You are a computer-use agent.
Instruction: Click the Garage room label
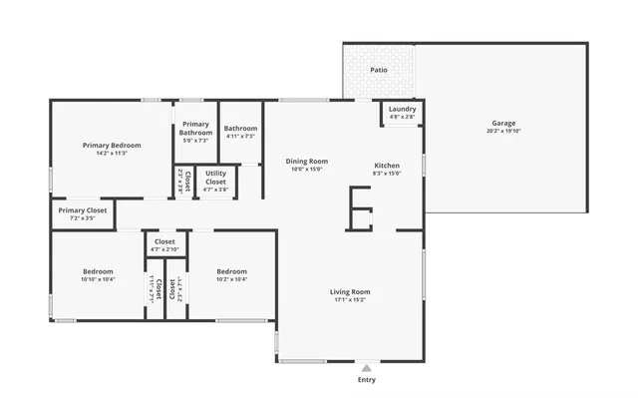pos(503,123)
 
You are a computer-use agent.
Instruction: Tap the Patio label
pos(379,70)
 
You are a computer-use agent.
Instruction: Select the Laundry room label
pos(402,109)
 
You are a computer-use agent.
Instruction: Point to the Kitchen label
pos(387,165)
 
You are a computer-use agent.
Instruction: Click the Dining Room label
pos(306,161)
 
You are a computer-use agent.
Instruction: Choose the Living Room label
pos(350,291)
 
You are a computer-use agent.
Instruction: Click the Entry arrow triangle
pos(367,367)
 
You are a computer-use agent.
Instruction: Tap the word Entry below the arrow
pos(367,380)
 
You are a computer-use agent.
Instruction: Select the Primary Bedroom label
pos(112,145)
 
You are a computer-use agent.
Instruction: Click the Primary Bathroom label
pos(195,128)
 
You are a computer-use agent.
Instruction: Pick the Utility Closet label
pos(215,177)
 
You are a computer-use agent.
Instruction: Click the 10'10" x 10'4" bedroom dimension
pos(98,279)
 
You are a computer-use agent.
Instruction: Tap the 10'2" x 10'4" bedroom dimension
pos(231,279)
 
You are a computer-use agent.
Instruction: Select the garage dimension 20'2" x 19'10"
pos(503,131)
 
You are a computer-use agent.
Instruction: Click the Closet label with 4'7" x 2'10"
pos(164,241)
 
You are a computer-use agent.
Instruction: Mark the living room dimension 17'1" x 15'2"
pos(350,299)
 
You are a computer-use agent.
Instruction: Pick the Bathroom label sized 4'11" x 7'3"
pos(240,128)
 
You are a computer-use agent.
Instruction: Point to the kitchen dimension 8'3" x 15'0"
pos(387,173)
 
